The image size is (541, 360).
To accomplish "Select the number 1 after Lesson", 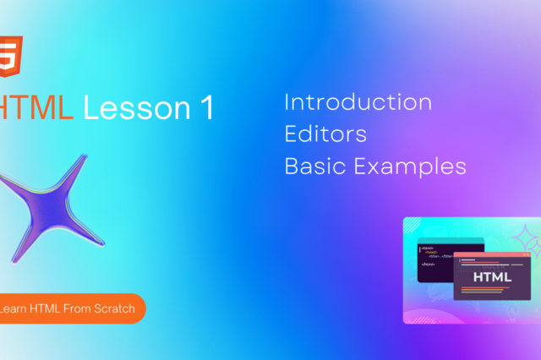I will pyautogui.click(x=207, y=106).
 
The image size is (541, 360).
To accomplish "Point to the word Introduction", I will pyautogui.click(x=358, y=103).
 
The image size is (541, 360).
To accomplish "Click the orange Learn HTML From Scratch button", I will pyautogui.click(x=71, y=308).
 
